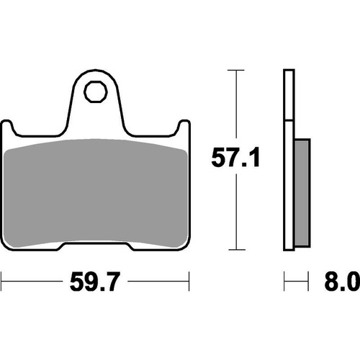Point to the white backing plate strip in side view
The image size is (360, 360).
289,158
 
